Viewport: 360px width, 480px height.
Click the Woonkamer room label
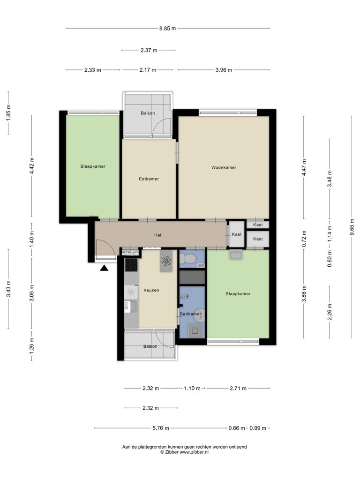(224, 167)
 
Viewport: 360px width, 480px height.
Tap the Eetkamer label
(149, 179)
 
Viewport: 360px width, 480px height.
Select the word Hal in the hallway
(157, 235)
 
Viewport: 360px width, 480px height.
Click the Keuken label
(151, 290)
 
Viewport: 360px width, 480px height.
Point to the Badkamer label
(190, 314)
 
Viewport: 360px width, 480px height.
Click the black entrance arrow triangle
(105, 268)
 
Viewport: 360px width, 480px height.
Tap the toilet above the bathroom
(188, 259)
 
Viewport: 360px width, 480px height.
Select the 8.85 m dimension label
(167, 29)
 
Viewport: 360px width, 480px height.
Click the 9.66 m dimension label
(352, 227)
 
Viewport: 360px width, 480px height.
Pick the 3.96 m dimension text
(224, 70)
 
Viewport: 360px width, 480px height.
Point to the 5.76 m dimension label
(161, 428)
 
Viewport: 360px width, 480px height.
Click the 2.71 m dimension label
(238, 388)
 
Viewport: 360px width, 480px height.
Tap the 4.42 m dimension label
(32, 165)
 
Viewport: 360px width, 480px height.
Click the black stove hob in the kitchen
(131, 265)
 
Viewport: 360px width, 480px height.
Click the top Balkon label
(148, 113)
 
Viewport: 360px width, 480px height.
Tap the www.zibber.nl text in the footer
(194, 452)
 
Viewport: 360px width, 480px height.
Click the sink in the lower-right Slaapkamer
(235, 255)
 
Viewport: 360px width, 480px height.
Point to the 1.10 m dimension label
(192, 388)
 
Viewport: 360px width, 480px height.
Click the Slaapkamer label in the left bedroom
(93, 166)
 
